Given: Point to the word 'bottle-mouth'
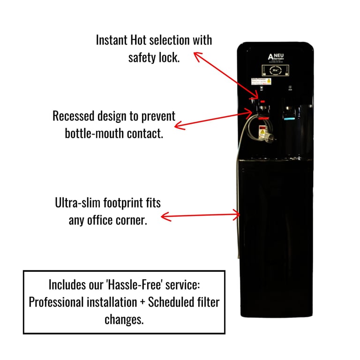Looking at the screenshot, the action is tap(95, 133).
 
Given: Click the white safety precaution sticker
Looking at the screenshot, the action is tap(261, 82).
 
